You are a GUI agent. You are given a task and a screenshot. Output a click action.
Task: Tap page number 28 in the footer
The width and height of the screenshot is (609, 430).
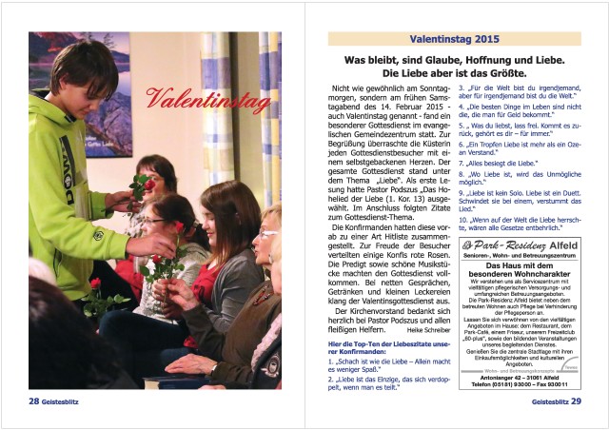click(x=33, y=401)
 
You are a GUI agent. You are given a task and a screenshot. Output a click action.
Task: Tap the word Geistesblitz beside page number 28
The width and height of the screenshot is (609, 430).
click(x=68, y=401)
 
